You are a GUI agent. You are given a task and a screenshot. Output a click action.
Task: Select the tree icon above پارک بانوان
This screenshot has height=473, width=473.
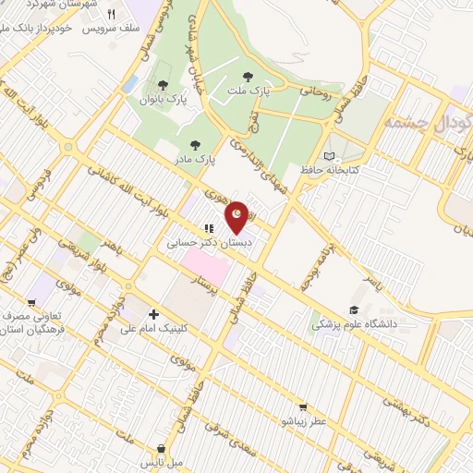click(x=164, y=86)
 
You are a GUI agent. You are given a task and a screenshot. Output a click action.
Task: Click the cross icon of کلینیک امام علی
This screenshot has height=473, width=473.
click(x=153, y=314)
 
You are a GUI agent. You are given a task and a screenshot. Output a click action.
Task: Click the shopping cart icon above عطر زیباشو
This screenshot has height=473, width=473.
click(x=302, y=407)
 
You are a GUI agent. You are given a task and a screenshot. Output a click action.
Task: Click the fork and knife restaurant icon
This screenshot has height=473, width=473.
click(x=112, y=15)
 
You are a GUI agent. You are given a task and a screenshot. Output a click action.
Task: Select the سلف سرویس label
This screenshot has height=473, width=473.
click(x=110, y=29)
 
